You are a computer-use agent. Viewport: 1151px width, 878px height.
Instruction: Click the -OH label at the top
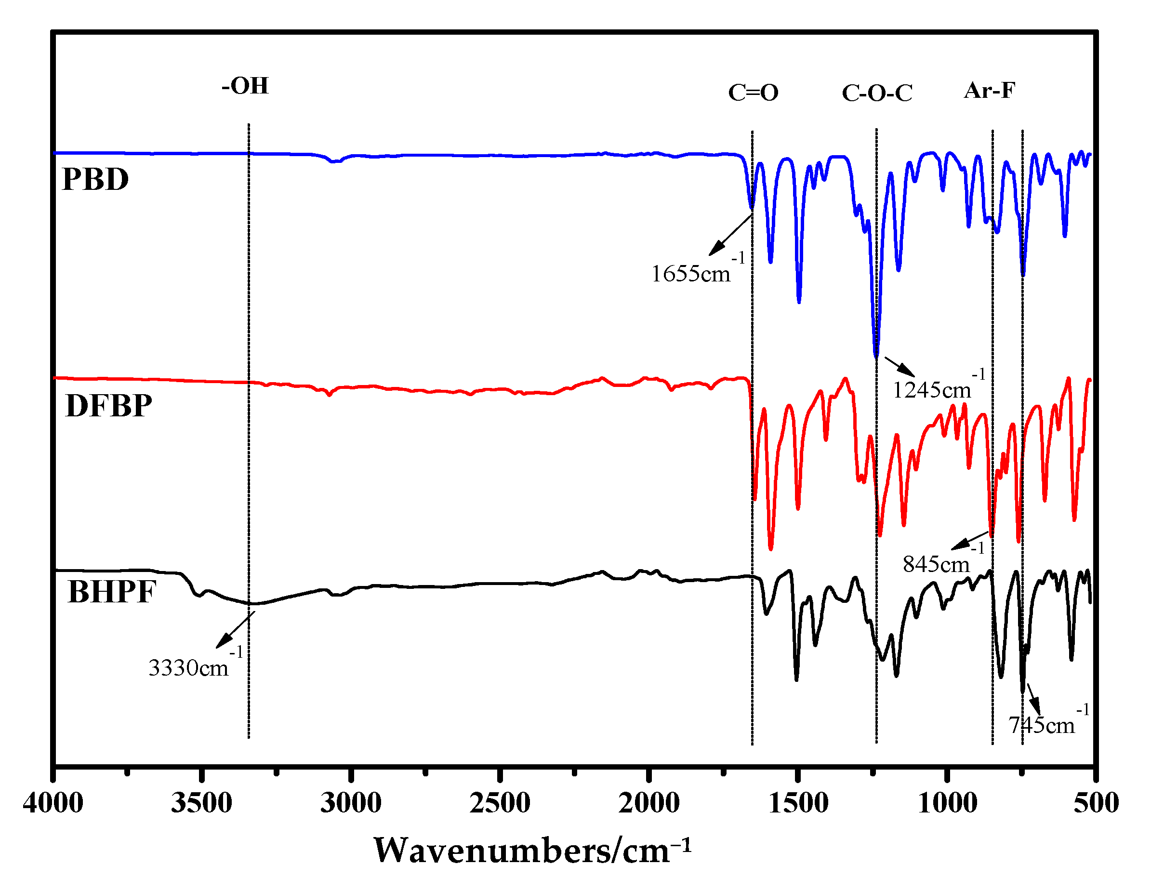click(245, 86)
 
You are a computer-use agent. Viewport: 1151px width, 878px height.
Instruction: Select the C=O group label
click(753, 93)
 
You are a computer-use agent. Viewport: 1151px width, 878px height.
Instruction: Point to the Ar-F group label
click(989, 91)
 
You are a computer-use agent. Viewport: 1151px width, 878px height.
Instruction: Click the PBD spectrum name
click(95, 179)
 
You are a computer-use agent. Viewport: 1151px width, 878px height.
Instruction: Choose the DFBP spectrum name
click(109, 406)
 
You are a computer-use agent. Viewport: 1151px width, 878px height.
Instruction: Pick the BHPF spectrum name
click(111, 592)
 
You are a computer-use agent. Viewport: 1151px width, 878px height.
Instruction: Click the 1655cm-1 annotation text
click(697, 270)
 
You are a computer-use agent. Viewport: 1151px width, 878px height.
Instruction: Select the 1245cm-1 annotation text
click(939, 386)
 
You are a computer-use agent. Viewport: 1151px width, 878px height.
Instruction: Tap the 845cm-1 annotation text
click(942, 560)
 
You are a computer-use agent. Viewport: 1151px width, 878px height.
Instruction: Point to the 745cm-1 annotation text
click(1047, 722)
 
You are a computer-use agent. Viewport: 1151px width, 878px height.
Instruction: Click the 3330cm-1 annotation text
click(195, 664)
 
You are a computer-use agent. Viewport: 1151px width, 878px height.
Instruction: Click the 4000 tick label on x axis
click(53, 803)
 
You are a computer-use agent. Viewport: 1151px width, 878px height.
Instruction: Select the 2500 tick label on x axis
click(500, 803)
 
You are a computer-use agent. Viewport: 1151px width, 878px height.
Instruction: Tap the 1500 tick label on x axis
click(798, 803)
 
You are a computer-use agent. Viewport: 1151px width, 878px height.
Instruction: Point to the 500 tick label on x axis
click(1096, 803)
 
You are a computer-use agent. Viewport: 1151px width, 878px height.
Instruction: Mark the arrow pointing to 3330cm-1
click(234, 631)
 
